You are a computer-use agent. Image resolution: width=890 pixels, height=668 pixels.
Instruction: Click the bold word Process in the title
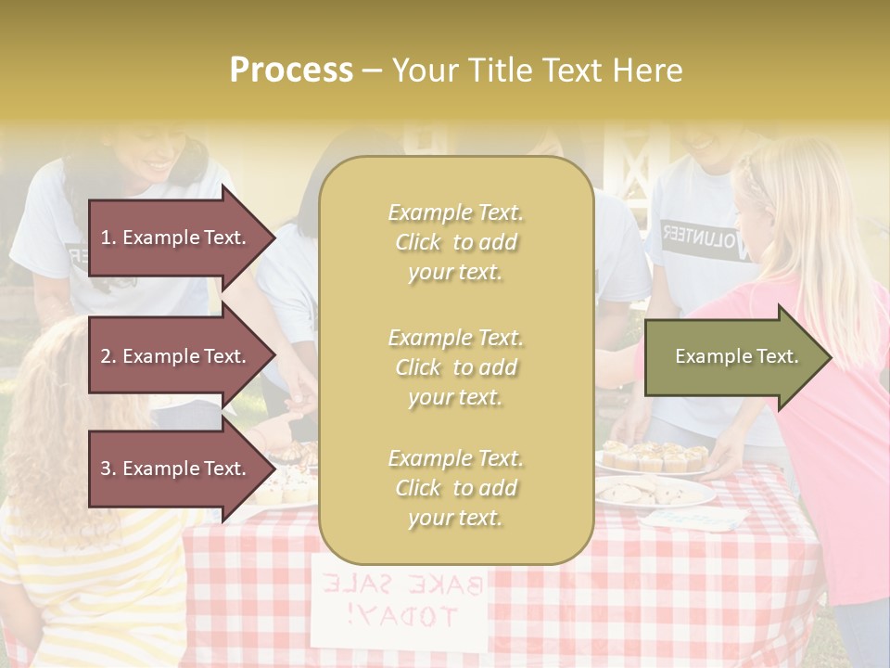coord(291,71)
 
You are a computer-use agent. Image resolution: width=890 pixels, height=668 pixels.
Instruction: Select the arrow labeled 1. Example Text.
coord(176,238)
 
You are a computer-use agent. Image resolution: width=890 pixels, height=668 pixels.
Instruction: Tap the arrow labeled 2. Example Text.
coord(176,356)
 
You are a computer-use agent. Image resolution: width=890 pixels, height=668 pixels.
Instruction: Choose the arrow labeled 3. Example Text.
coord(176,469)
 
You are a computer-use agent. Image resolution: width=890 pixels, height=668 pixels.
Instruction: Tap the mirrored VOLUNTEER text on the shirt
coord(709,239)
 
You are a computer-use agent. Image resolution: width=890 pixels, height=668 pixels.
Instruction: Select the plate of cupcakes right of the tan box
coord(654,456)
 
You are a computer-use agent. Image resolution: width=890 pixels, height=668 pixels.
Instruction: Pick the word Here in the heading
coord(649,71)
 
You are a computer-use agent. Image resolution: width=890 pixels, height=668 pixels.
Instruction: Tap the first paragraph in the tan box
coord(456,242)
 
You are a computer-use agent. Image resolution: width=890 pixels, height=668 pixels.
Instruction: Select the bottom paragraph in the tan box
coord(456,488)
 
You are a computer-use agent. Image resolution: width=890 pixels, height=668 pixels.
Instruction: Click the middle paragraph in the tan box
coord(456,367)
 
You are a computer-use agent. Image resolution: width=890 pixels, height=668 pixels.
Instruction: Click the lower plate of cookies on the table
coord(654,493)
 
